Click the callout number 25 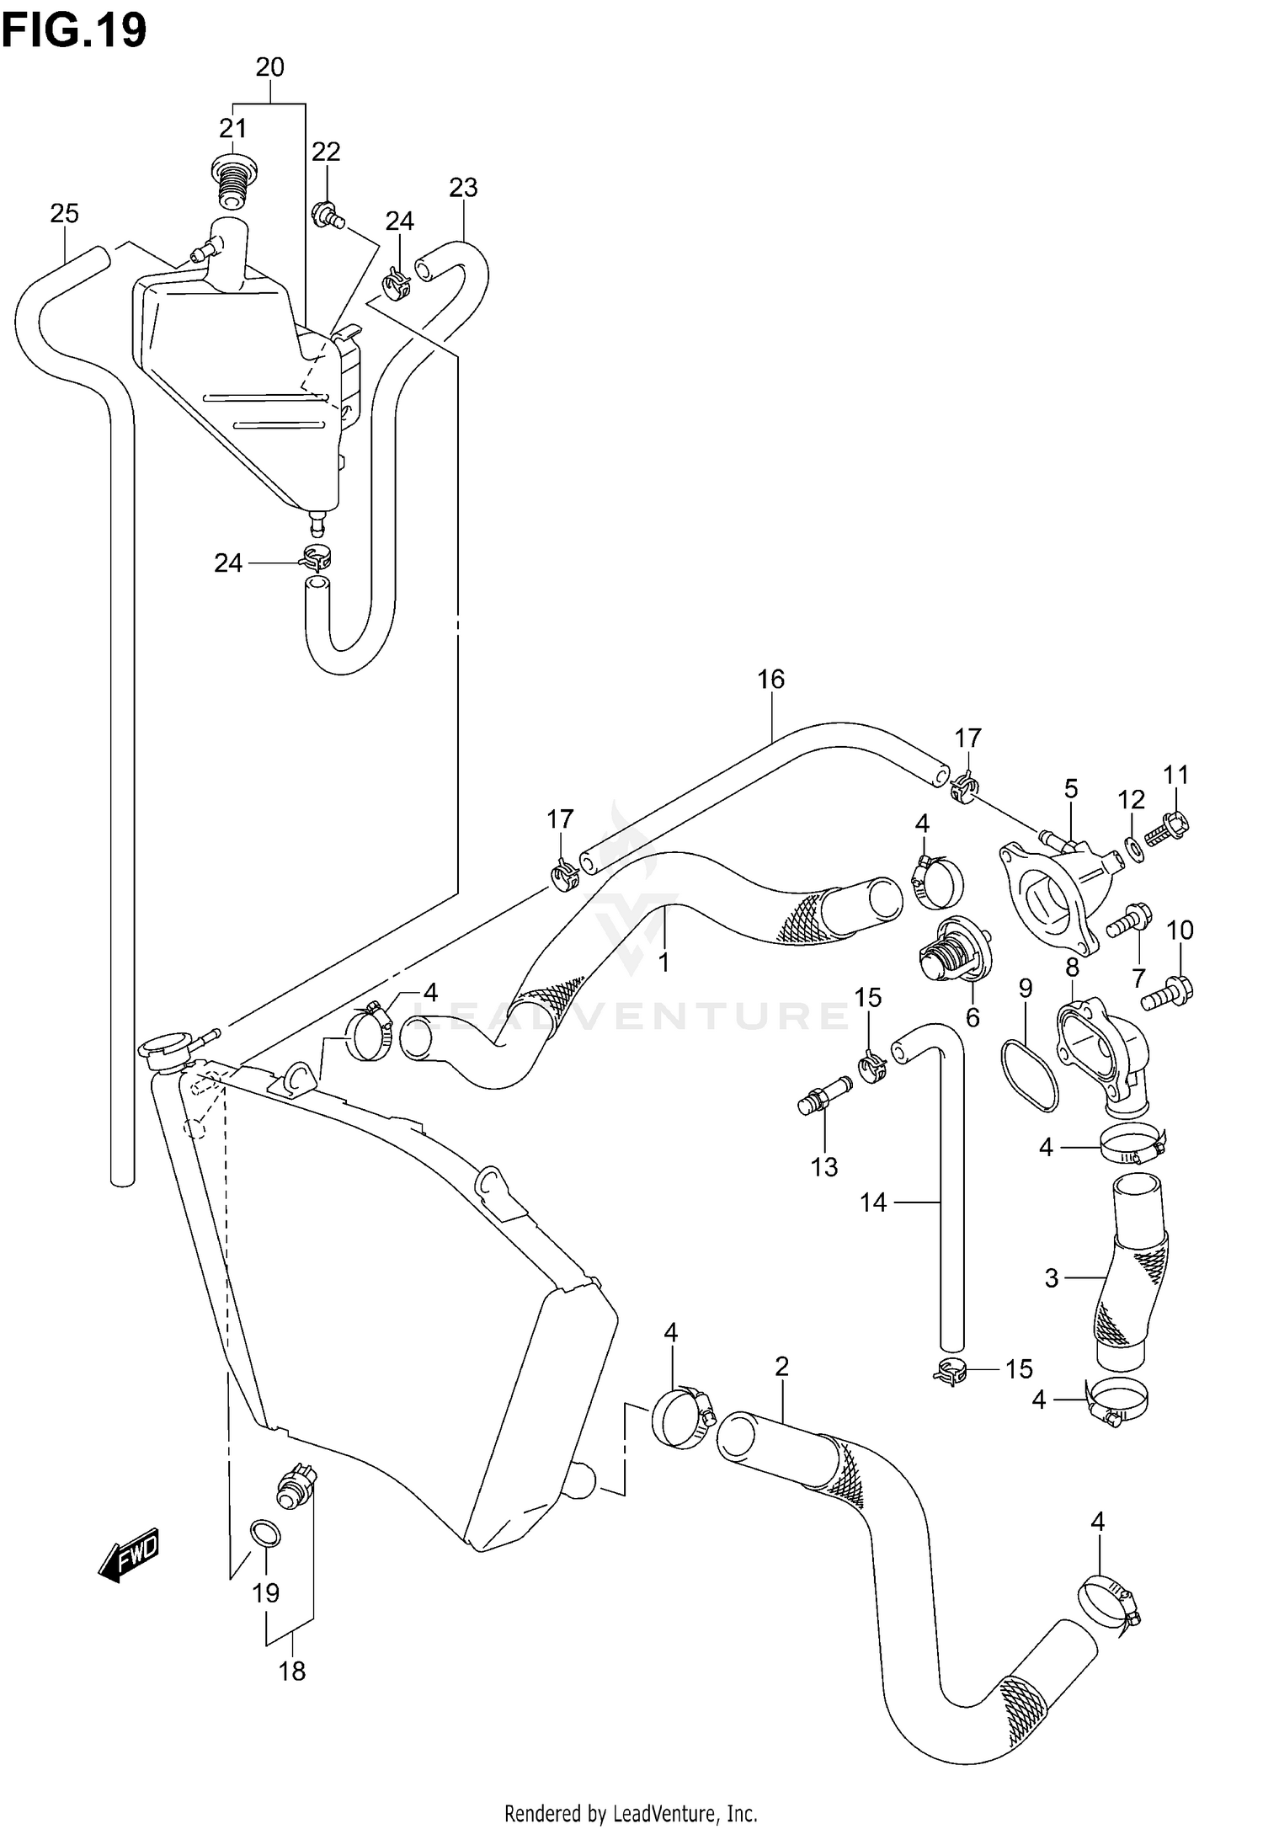pyautogui.click(x=64, y=214)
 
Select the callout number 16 pyautogui.click(x=770, y=678)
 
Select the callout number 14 pyautogui.click(x=873, y=1202)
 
